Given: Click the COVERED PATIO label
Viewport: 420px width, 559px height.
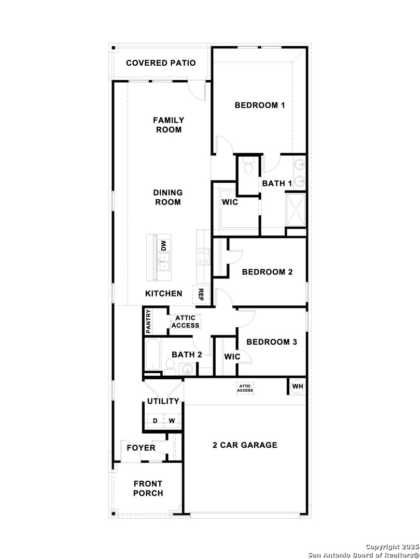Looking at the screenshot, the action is coord(161,63).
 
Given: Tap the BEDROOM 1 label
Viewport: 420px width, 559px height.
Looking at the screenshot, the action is coord(260,105).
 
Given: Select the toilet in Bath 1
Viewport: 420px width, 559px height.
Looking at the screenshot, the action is coord(247,166).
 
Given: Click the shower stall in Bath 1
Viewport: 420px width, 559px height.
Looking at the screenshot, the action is coord(296,210).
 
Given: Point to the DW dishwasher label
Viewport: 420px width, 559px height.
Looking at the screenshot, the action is coord(163,246).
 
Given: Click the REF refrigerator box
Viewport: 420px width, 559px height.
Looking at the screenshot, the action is coord(200,295).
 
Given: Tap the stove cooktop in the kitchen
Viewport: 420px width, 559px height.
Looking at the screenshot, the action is coord(203,257).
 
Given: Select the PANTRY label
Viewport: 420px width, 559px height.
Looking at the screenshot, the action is coord(149,321).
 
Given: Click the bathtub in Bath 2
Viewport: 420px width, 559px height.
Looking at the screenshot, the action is coord(153,355).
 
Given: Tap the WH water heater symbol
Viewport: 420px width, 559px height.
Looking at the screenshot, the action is coord(297,386).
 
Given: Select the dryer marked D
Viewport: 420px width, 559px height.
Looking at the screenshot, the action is coord(155,421).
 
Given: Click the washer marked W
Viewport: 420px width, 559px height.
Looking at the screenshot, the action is coord(172,421).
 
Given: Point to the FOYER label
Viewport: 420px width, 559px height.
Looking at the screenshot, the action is coord(141,448).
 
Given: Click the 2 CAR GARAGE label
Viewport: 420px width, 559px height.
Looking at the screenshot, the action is coord(245,445).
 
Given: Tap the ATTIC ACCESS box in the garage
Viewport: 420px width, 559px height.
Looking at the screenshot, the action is coord(245,388).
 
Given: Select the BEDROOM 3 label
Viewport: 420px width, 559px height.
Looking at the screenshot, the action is coord(271,342).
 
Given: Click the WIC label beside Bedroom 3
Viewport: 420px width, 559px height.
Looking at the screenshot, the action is coord(232,357).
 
